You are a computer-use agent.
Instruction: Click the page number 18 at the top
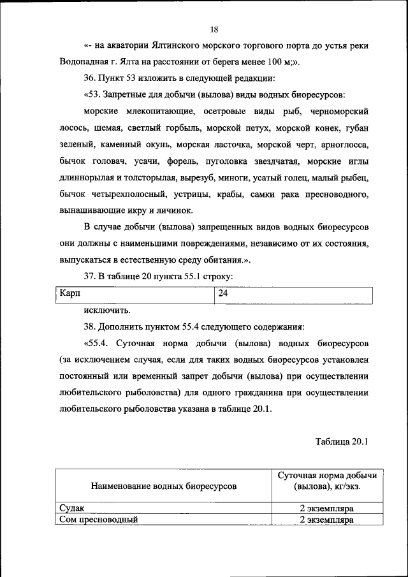tap(214, 29)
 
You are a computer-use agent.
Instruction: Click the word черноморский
tap(342, 112)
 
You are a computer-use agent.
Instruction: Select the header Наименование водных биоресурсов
tap(164, 486)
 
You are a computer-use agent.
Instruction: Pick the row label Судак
tap(71, 509)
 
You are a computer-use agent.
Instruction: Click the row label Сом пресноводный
tap(99, 520)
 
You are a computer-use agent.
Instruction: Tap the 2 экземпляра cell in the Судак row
tap(326, 509)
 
